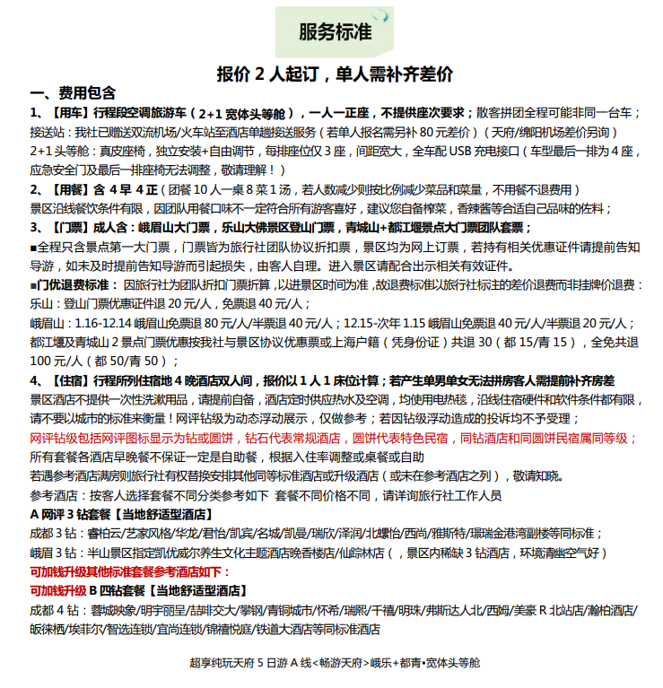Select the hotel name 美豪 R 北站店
point(547,610)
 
